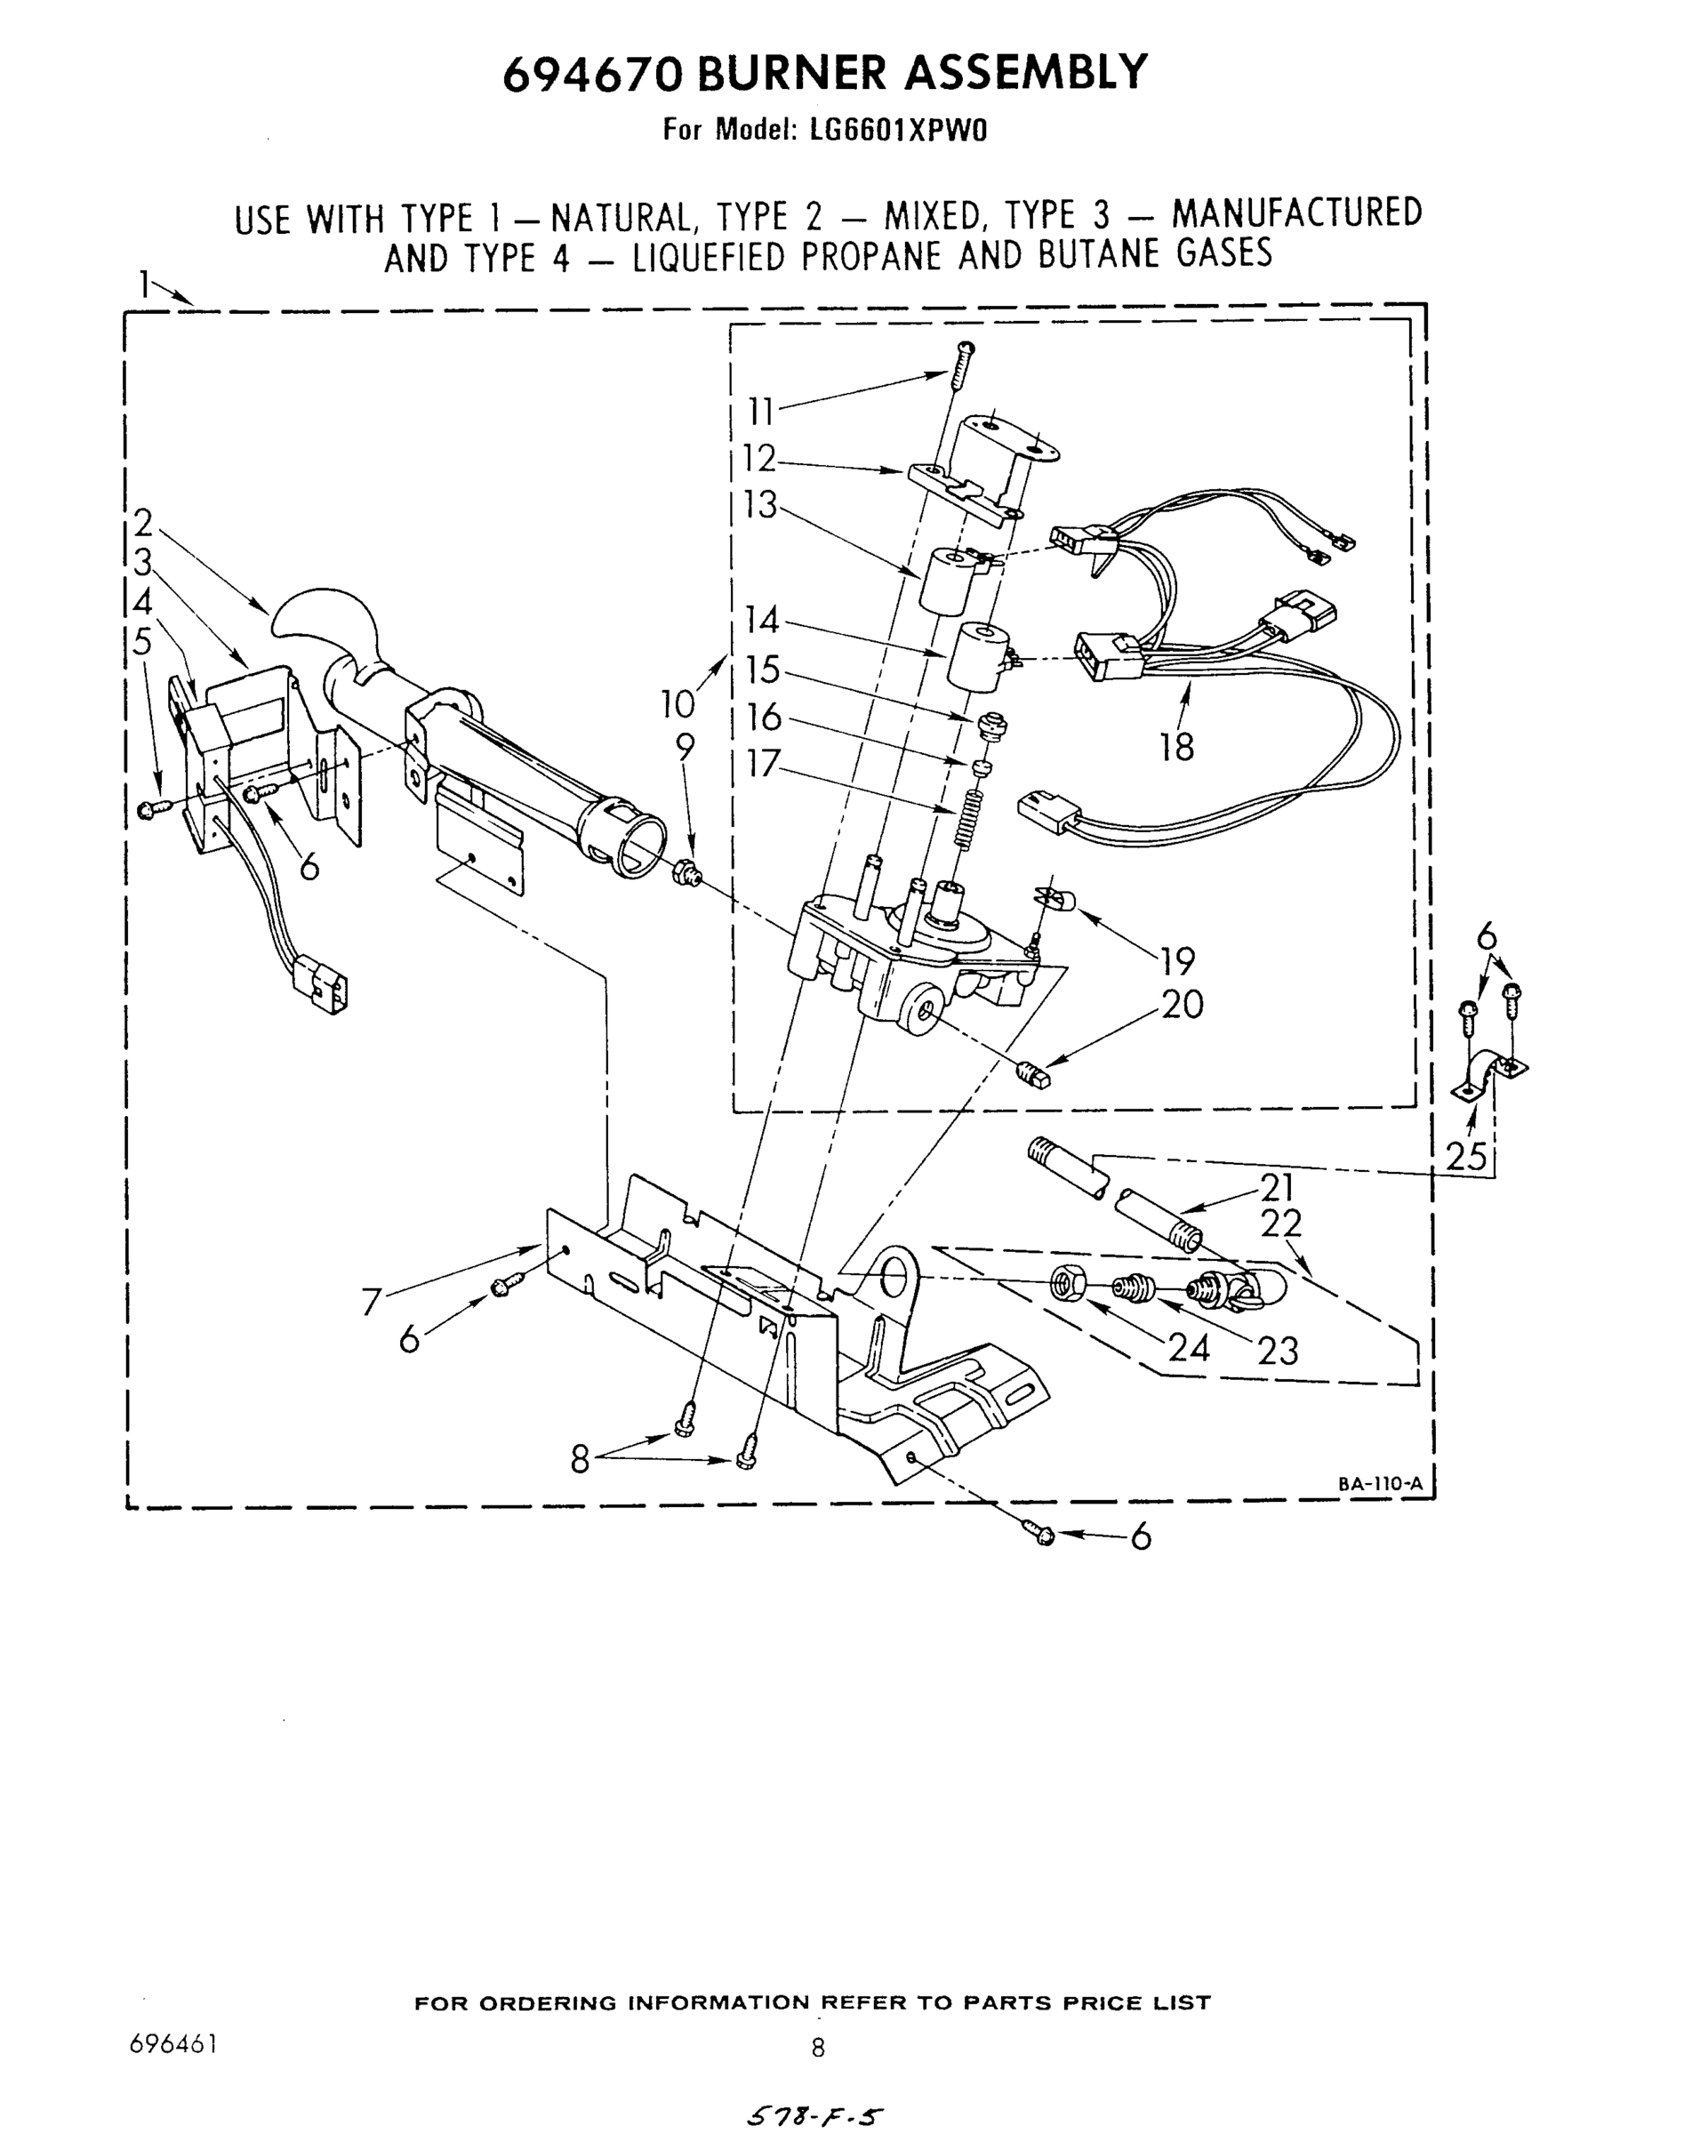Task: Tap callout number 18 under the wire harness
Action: (1176, 748)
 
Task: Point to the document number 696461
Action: (172, 2042)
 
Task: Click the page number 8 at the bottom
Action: (817, 2047)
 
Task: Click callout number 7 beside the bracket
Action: (372, 1303)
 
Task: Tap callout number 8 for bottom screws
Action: (581, 1458)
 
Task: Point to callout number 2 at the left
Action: (144, 522)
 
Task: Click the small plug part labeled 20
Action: (1033, 1073)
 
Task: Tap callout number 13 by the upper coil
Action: (760, 505)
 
